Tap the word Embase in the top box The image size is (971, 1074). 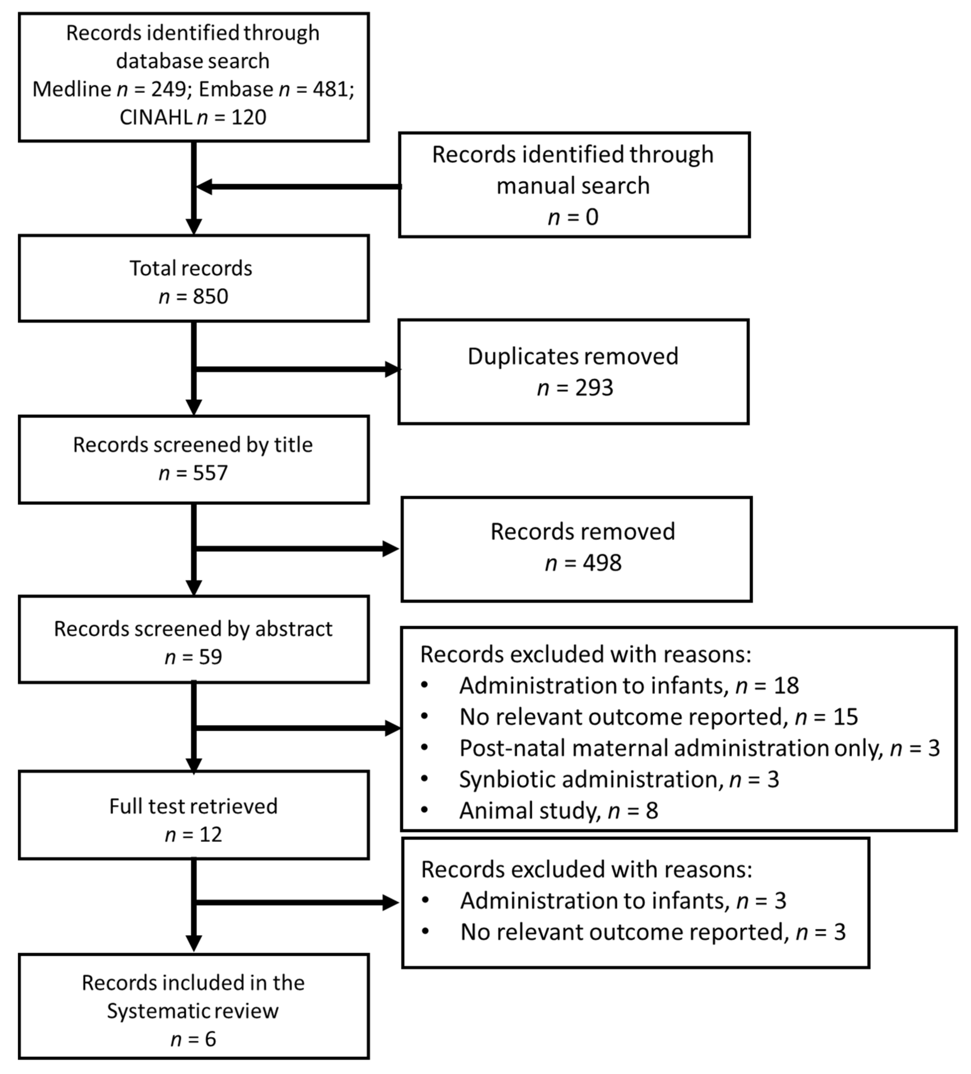236,89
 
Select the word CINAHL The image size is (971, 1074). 156,117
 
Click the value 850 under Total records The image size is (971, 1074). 210,296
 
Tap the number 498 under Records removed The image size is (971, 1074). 602,562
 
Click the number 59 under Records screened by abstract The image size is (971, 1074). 210,657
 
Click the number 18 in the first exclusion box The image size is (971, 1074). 786,686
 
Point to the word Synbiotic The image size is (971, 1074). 496,779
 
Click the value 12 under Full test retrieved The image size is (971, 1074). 210,834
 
